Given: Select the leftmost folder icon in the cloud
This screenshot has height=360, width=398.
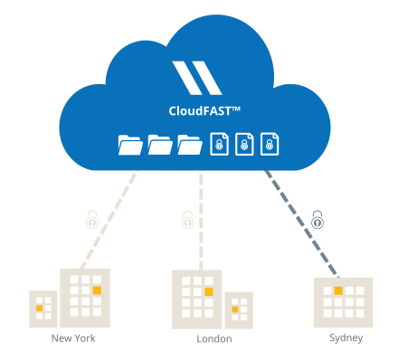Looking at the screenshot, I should coord(131,144).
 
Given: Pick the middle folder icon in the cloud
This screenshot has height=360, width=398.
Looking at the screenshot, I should coord(160,144).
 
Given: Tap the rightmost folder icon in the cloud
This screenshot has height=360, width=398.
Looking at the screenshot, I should coord(189,144).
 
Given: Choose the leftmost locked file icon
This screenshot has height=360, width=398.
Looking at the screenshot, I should coord(218,144).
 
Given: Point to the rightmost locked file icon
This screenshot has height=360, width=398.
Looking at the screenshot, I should coord(269,144).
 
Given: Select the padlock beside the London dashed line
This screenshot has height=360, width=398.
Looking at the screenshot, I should coord(187,220).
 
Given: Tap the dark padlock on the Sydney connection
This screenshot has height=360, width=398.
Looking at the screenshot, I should coord(317,219).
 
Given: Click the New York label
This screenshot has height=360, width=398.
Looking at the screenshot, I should coord(72,339).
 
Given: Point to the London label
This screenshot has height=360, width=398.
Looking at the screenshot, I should coord(214,339).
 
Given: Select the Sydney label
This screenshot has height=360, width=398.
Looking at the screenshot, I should coord(346,338).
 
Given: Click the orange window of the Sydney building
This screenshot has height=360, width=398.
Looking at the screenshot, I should coord(338,291).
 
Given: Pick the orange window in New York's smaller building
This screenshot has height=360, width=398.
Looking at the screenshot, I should coord(39,308).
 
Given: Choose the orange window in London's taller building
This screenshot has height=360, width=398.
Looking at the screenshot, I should coord(208,292).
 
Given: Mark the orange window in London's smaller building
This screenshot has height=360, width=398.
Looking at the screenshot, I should coord(235,310).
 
